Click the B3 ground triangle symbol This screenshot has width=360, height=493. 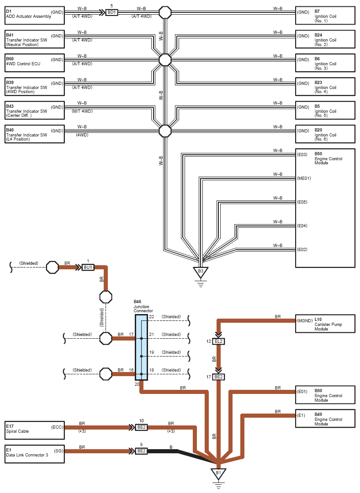pos(201,272)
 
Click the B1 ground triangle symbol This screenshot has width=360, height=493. pos(218,473)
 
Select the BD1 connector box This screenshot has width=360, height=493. pos(111,13)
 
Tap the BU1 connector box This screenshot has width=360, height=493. pos(88,267)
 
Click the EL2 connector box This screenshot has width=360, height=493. pos(218,341)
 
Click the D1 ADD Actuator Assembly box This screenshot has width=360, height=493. pos(35,16)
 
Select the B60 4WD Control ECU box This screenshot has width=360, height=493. pos(35,63)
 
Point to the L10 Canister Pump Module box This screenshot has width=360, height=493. pos(325,324)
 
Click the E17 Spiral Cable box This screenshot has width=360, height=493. pos(35,430)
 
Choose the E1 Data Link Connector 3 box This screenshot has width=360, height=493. pos(35,454)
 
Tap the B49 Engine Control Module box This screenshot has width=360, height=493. pos(325,419)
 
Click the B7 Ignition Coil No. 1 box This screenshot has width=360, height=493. pos(325,16)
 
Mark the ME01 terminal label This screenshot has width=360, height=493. pos(304,178)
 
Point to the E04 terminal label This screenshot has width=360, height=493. pos(302,226)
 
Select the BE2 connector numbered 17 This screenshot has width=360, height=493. pos(218,377)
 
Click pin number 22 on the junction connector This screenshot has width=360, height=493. pos(152,317)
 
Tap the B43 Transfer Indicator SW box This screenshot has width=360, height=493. pos(35,110)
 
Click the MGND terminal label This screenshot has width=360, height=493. pos(305,321)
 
